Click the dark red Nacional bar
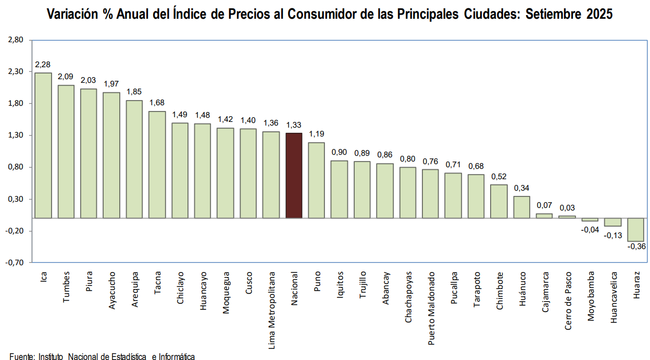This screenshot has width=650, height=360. point(294,176)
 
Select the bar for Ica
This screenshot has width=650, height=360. point(43,145)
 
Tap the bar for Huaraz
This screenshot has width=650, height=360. point(635,230)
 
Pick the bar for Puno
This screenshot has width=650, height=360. point(317,180)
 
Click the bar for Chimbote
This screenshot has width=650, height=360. point(499,201)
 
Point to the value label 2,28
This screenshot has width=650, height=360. point(43,65)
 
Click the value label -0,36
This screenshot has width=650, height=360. point(637,246)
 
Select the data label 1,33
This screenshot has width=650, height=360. point(294,125)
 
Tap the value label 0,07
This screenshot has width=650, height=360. point(544,205)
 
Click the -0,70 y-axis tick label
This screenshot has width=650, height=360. point(16,263)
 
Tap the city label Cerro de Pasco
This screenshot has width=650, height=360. point(568,301)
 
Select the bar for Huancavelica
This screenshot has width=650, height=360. point(612,222)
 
